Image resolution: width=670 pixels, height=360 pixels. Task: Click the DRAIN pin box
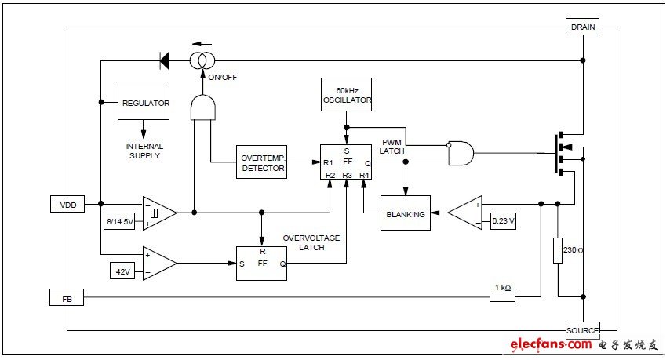click(583, 27)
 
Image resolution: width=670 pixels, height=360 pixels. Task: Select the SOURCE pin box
click(582, 330)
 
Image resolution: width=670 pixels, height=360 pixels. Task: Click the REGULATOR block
click(144, 103)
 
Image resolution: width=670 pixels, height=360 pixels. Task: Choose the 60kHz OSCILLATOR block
click(347, 95)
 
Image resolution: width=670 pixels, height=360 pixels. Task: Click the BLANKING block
click(406, 214)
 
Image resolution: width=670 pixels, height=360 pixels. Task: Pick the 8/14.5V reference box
click(120, 222)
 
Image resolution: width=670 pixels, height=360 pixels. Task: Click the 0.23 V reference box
click(503, 221)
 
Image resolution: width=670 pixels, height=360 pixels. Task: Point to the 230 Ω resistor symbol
click(558, 250)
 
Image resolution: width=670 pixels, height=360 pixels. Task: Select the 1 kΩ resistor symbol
click(502, 297)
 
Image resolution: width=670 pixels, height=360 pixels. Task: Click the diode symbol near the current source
click(165, 60)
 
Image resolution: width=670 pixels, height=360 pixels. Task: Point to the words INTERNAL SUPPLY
click(144, 151)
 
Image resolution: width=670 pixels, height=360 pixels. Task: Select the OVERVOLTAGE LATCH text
click(312, 242)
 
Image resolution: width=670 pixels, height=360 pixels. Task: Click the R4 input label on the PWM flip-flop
click(364, 174)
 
